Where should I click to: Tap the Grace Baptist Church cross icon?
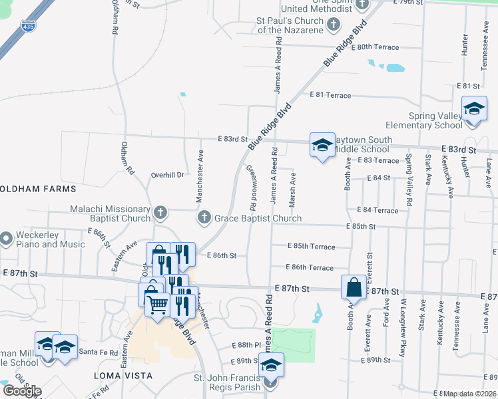coord(204,217)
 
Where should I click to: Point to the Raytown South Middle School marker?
coord(322,145)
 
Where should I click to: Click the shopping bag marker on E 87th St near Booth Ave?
coord(354,287)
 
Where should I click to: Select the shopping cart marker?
coord(158,305)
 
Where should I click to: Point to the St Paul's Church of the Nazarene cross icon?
coord(334,25)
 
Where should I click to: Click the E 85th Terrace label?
coord(312,247)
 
